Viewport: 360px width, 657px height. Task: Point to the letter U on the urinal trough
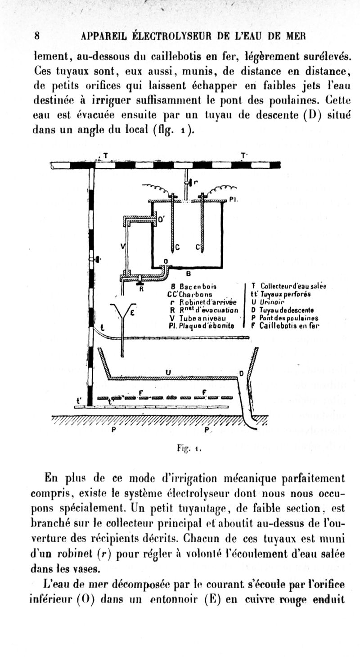coord(167,372)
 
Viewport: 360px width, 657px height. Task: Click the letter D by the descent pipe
coord(241,373)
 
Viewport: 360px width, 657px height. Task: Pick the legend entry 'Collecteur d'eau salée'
coord(288,286)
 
